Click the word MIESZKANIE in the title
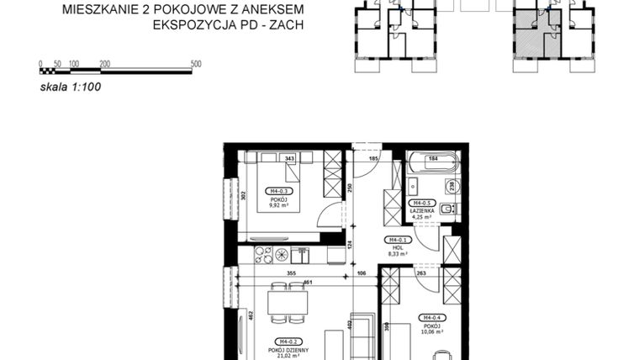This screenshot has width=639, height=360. tap(92, 9)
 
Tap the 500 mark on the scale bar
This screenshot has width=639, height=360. tap(196, 64)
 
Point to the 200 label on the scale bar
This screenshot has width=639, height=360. tap(104, 64)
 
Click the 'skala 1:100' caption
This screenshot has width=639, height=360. tap(70, 86)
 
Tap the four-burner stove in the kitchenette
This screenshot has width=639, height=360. tap(301, 252)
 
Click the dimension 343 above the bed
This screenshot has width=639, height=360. tap(289, 158)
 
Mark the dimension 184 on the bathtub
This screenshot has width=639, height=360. tap(435, 158)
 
